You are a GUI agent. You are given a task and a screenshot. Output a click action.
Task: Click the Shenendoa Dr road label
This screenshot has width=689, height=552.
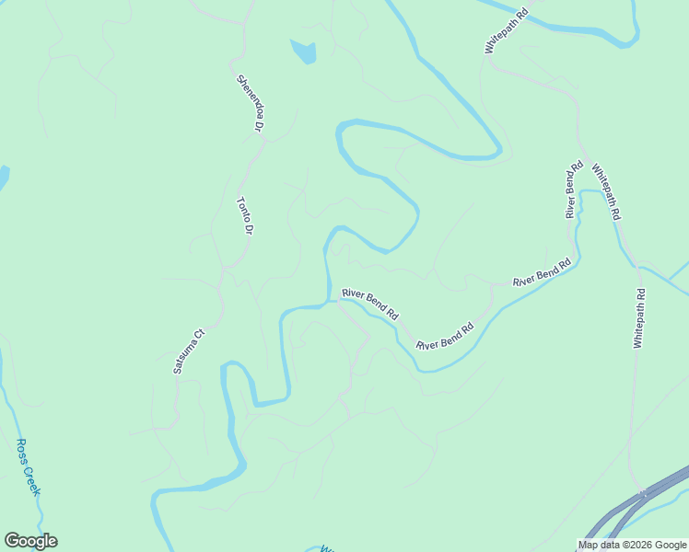(251, 102)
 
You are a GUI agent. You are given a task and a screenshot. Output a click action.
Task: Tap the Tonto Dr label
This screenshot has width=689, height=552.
(244, 216)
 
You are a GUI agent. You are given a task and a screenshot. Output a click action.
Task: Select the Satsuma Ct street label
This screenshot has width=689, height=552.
(188, 352)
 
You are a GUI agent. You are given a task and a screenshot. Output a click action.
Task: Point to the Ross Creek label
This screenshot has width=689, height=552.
(29, 466)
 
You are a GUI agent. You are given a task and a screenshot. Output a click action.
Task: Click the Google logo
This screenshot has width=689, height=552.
(30, 541)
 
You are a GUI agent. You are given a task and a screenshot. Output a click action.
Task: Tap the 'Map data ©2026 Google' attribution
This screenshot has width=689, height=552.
(632, 545)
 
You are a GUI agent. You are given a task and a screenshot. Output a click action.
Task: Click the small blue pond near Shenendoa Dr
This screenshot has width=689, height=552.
(304, 52)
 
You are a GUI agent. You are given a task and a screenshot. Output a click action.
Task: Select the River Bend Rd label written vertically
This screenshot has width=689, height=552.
(574, 190)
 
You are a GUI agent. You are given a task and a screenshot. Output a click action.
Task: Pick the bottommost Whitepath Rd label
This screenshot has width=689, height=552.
(639, 318)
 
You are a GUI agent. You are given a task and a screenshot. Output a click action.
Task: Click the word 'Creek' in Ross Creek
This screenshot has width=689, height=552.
(32, 477)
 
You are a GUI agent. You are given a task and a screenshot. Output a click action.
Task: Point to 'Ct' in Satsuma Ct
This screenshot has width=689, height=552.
(197, 334)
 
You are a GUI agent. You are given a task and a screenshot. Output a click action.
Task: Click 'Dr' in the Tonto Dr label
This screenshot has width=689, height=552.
(247, 227)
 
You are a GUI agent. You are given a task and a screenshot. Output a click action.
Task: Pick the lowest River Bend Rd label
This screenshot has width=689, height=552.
(444, 336)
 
